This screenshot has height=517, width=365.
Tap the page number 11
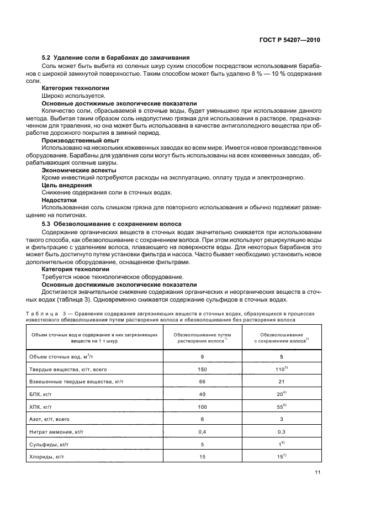point(317,472)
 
